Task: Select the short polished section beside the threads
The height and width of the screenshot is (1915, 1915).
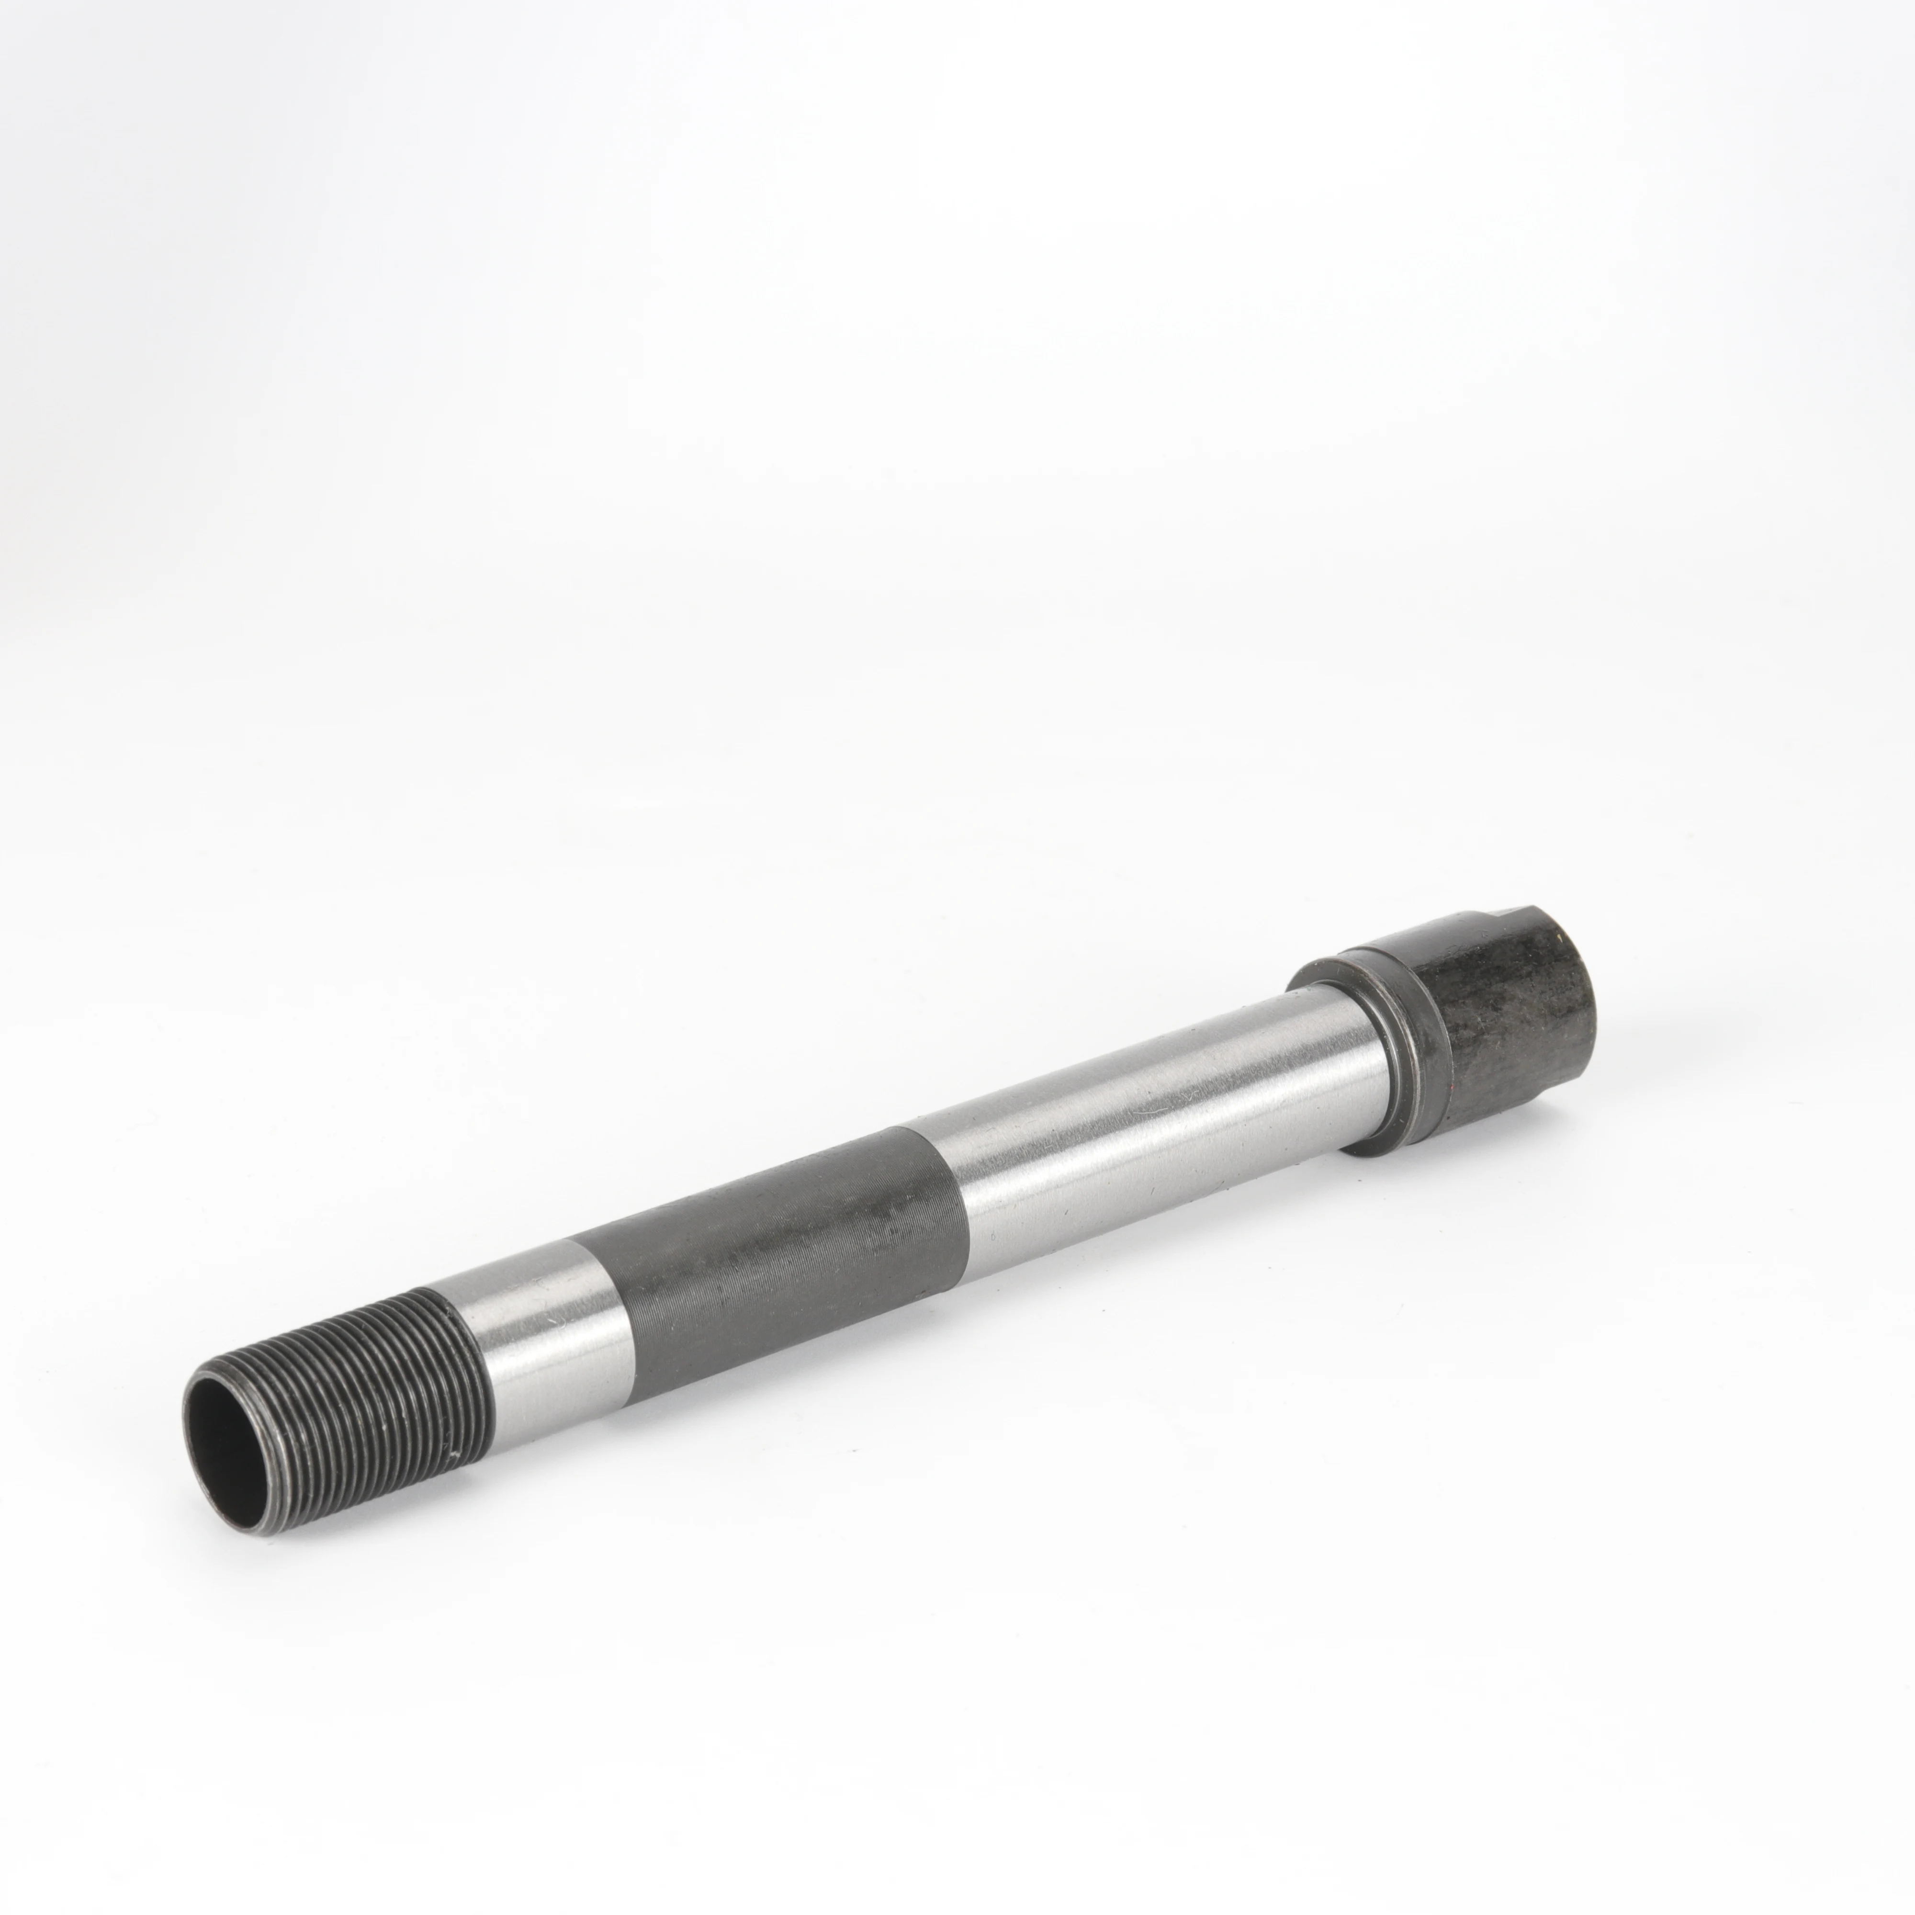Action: point(545,1328)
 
